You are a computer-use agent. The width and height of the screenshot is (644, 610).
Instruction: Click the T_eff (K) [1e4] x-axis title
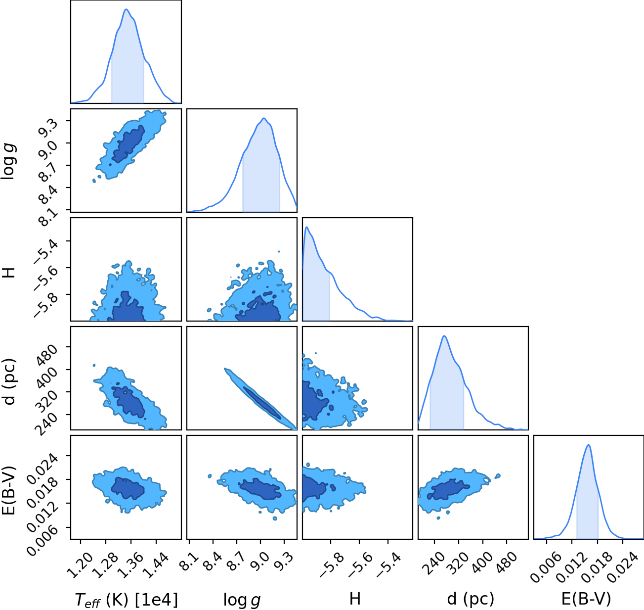tap(127, 600)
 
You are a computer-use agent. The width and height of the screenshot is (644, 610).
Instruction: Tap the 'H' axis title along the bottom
tap(355, 599)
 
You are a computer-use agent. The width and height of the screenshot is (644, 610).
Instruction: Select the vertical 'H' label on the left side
tap(8, 273)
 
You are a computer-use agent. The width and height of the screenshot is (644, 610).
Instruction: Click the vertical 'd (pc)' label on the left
tap(9, 381)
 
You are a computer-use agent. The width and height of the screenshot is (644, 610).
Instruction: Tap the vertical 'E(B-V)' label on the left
tap(9, 490)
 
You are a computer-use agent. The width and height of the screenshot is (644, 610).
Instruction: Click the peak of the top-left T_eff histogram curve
tap(127, 9)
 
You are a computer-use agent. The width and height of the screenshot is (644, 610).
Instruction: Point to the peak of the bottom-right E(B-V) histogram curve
tap(589, 445)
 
